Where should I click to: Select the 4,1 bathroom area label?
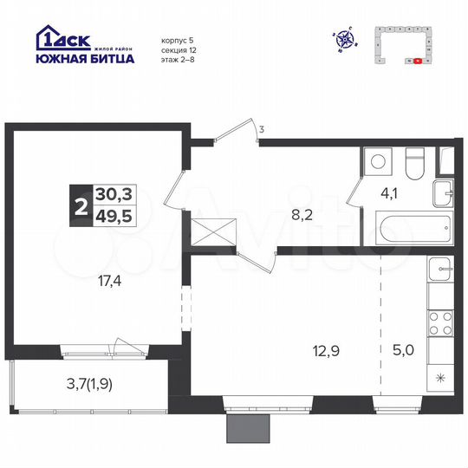390,193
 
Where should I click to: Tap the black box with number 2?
81,206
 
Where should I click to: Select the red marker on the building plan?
418,62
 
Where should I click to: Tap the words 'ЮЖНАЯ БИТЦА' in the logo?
85,59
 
